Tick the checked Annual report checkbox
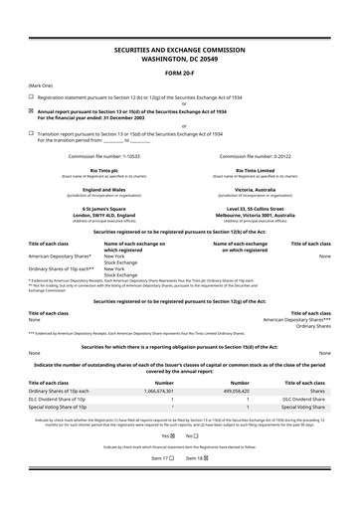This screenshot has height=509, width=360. [31, 112]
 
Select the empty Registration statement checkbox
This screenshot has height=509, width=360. [31, 97]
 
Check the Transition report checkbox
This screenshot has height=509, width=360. [31, 134]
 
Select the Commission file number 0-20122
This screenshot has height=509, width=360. [262, 156]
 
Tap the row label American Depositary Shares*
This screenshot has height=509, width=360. [63, 255]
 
